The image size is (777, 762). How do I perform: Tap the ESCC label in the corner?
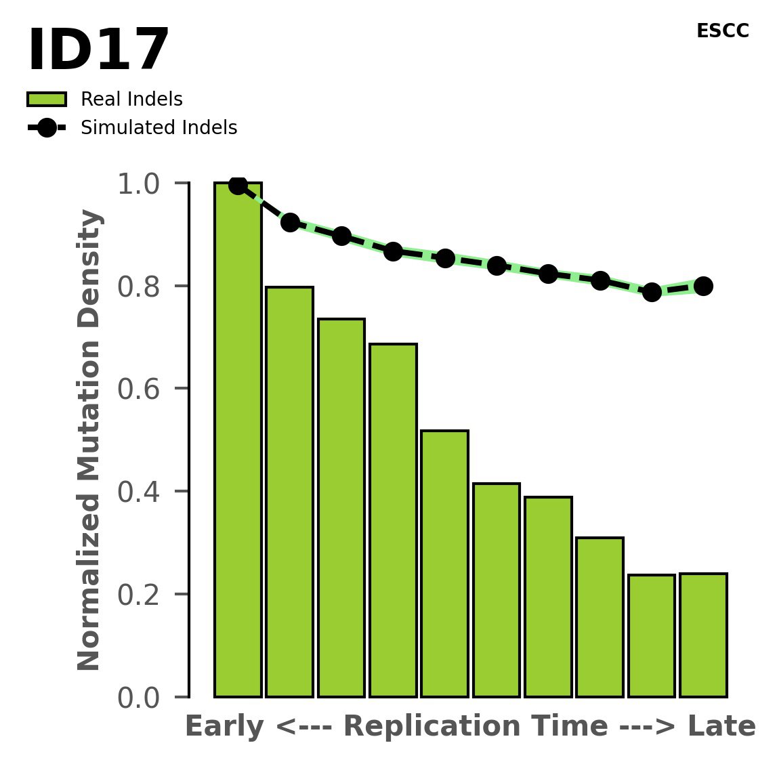pyautogui.click(x=722, y=31)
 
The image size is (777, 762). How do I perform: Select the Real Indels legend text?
pyautogui.click(x=131, y=100)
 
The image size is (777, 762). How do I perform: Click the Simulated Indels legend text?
pyautogui.click(x=159, y=128)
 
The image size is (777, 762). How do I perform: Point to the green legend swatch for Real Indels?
pyautogui.click(x=47, y=100)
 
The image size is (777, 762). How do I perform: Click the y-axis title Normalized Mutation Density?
pyautogui.click(x=89, y=440)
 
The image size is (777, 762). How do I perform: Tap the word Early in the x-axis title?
pyautogui.click(x=224, y=727)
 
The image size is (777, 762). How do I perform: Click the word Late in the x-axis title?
pyautogui.click(x=721, y=727)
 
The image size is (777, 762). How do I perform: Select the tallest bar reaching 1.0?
pyautogui.click(x=238, y=440)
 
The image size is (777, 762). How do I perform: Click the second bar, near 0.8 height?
pyautogui.click(x=289, y=492)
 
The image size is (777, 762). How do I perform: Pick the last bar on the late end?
pyautogui.click(x=703, y=635)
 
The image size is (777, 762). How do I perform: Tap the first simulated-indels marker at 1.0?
pyautogui.click(x=238, y=185)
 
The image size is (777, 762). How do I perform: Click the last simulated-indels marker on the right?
pyautogui.click(x=703, y=286)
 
